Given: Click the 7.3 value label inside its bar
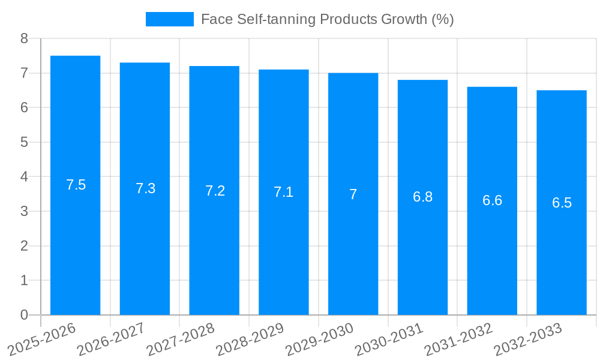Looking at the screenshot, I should click(145, 188).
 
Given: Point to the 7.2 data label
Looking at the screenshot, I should click(215, 191).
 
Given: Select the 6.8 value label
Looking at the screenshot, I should click(422, 197).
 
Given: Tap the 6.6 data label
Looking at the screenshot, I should click(492, 200).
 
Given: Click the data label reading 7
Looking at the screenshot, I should click(353, 194).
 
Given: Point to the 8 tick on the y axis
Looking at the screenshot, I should click(24, 39).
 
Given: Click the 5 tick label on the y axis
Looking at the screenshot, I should click(24, 143).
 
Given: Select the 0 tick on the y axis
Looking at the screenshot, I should click(24, 315).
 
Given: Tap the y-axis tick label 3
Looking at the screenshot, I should click(24, 212).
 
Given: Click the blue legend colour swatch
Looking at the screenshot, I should click(170, 19).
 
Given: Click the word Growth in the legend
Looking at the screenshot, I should click(405, 19).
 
